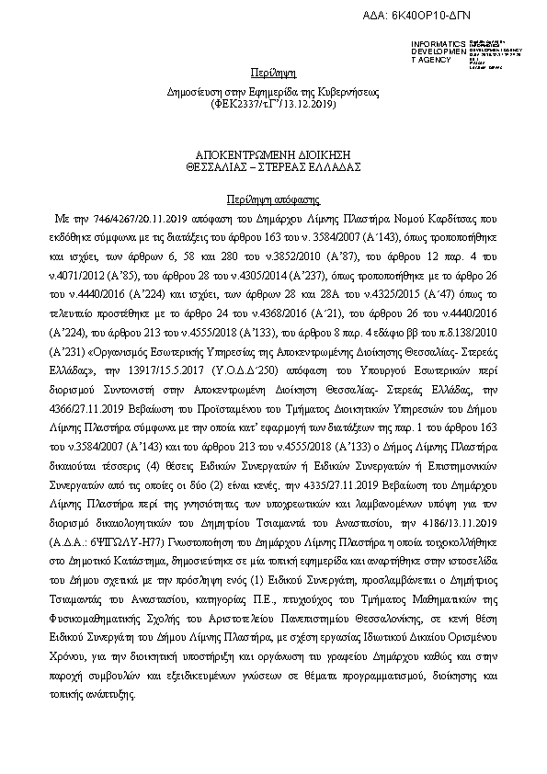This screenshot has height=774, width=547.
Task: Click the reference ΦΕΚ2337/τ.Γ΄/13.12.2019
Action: point(266,105)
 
